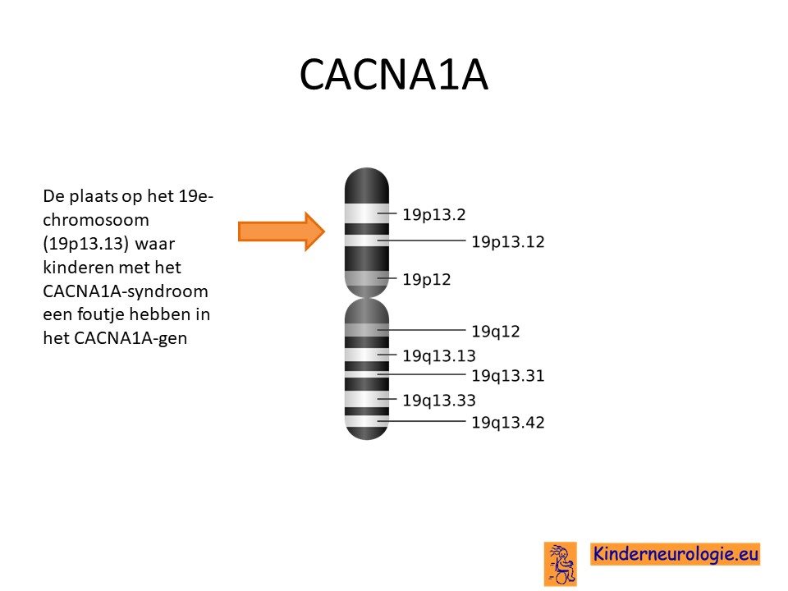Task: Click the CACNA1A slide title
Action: [393, 75]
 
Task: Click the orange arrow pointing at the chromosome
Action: [282, 231]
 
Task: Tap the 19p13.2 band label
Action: [434, 214]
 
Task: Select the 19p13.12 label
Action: [507, 241]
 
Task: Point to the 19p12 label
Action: [427, 279]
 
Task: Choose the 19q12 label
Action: [496, 332]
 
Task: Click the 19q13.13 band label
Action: [438, 355]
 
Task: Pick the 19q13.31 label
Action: [507, 376]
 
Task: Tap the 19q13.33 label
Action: [438, 401]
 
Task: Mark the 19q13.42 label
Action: [507, 423]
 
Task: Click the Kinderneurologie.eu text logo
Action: [675, 554]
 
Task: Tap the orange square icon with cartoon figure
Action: [560, 563]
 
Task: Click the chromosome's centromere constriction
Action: [367, 297]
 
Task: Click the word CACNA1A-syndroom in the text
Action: [125, 291]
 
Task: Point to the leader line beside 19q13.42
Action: [422, 421]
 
